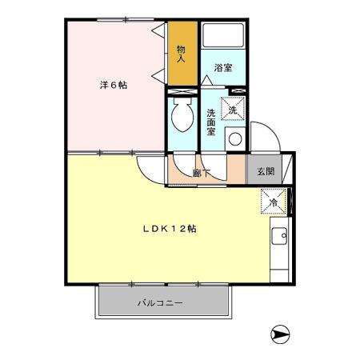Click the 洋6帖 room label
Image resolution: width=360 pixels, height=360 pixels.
[x=113, y=86]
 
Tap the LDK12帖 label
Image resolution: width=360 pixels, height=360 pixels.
[x=170, y=229]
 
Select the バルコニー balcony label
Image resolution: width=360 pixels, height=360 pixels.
[x=159, y=303]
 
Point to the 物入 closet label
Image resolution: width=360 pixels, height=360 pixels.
[x=181, y=53]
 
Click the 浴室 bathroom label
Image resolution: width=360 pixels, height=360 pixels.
[x=223, y=68]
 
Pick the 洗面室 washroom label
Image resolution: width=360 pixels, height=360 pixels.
[x=211, y=122]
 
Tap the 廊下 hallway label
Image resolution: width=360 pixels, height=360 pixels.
[x=202, y=171]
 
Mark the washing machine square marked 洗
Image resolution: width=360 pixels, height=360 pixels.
[x=234, y=108]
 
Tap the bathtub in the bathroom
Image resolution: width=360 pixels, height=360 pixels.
[x=223, y=37]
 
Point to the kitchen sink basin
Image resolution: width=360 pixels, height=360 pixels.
[x=280, y=238]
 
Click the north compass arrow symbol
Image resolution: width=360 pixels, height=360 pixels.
[x=279, y=334]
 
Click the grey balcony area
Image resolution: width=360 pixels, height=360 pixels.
[x=120, y=303]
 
